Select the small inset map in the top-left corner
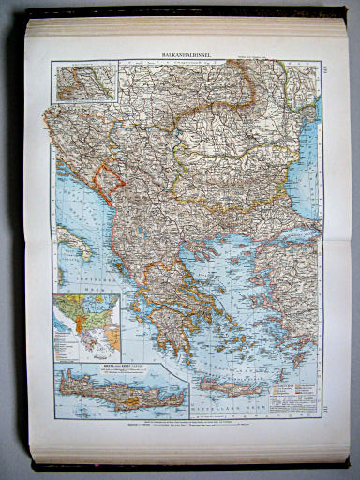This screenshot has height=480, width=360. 85,82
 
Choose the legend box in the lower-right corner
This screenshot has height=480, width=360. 302,383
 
